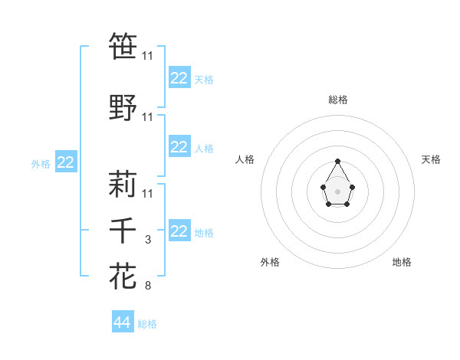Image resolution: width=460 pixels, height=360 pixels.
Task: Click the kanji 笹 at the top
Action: (123, 47)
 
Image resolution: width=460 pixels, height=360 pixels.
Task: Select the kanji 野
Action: (123, 108)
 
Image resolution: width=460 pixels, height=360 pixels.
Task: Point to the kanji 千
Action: (123, 231)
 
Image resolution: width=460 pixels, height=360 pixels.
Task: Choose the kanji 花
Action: (123, 276)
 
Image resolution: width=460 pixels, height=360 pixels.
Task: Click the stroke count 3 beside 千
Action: (148, 241)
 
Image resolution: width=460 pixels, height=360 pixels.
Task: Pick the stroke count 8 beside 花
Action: (148, 286)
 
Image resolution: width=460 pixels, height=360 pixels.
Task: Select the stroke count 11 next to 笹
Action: (148, 56)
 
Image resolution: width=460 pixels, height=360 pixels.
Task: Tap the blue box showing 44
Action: (123, 323)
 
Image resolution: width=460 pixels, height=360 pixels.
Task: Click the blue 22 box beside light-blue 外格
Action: (66, 162)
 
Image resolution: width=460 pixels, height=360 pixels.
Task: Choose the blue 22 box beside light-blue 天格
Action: (179, 78)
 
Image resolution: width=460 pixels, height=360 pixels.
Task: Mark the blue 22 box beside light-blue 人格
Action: (179, 148)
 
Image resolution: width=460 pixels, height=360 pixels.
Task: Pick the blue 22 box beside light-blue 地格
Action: (179, 231)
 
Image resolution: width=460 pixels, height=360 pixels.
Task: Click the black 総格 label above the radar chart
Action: (337, 100)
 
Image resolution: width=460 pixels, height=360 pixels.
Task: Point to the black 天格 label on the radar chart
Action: (432, 159)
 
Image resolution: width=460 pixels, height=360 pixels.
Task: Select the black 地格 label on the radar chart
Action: (402, 262)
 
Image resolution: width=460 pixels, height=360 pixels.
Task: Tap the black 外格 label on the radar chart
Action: (270, 262)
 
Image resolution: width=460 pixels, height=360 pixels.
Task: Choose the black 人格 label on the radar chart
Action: (245, 159)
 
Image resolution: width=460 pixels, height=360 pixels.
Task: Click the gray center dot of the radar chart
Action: (337, 190)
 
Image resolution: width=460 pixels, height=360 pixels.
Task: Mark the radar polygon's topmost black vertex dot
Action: (337, 161)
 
